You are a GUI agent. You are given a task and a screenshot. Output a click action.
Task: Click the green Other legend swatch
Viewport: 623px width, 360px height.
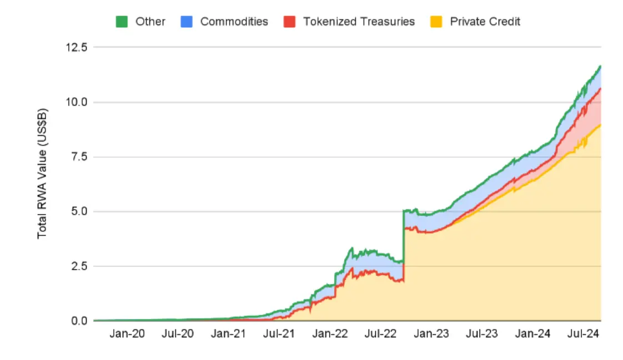click(122, 22)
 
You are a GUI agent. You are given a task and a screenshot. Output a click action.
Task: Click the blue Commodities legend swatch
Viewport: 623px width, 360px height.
click(187, 22)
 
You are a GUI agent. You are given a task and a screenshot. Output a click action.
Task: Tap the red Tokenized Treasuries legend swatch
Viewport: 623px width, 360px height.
click(289, 22)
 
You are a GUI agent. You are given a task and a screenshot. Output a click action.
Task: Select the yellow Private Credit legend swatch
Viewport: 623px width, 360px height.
click(436, 22)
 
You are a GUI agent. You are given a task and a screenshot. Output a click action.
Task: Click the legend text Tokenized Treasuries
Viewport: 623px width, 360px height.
click(359, 22)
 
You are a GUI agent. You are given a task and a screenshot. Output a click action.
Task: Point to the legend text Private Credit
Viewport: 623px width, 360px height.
click(485, 22)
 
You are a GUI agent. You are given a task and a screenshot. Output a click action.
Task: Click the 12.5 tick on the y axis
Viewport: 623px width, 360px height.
click(77, 48)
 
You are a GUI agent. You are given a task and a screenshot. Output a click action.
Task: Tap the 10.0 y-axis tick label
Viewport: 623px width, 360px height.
click(77, 102)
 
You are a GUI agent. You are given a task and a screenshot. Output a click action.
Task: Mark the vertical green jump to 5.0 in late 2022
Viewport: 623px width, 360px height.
click(403, 236)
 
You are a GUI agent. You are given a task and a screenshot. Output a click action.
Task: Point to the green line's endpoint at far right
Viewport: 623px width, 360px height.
click(600, 66)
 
